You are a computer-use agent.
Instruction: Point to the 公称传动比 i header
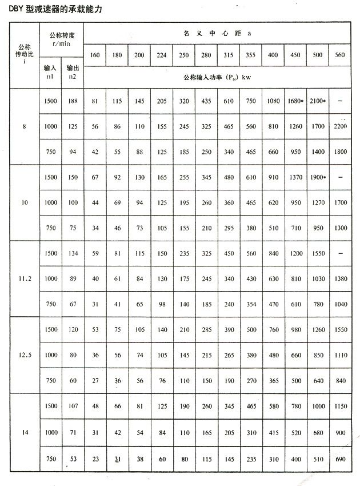tap(25, 55)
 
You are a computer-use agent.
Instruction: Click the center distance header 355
tap(251, 55)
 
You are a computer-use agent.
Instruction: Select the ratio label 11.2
tap(25, 278)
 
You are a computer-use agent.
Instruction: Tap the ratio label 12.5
tap(25, 354)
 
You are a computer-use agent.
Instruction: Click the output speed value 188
tap(73, 101)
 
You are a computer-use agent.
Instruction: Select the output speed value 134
tap(73, 253)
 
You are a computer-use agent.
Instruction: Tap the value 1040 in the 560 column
tap(340, 304)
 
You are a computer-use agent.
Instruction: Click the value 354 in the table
tap(251, 304)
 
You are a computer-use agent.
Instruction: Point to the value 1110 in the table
tap(340, 354)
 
